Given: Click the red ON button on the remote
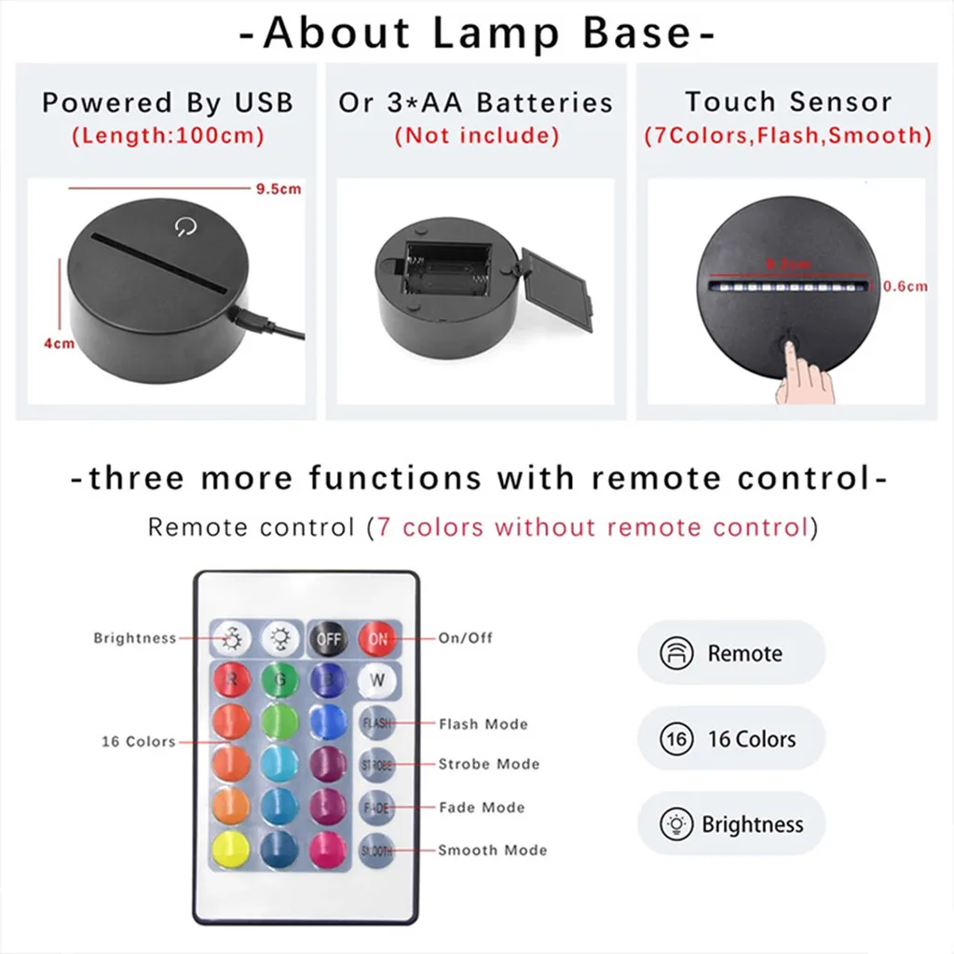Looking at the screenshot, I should coord(377,640).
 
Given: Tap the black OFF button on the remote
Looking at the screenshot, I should coord(328,640).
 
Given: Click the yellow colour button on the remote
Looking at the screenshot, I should coord(230,848).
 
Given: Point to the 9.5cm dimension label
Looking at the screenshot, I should coord(279,189).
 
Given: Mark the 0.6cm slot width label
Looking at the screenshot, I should coord(906,287).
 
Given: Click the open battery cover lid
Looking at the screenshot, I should coord(557,289).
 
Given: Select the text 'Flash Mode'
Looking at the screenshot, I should coord(483,724).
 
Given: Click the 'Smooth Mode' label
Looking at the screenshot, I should coord(492,850).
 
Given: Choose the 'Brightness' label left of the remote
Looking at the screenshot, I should coord(134,638).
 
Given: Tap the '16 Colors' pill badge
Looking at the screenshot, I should coord(730,740).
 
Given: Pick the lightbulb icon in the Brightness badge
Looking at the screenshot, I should coord(676,825).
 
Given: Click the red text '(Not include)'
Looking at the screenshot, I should coord(476,136).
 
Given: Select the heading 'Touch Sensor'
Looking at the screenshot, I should coord(788,102).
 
